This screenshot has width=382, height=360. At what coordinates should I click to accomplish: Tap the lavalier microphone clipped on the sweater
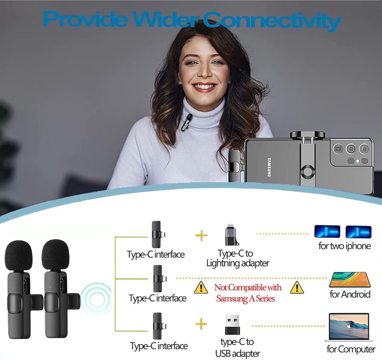click(x=189, y=121)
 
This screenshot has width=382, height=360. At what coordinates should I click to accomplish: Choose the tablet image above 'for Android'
click(x=350, y=280)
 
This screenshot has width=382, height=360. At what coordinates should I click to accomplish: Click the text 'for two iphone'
click(x=345, y=246)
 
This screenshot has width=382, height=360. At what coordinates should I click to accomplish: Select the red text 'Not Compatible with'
click(x=248, y=287)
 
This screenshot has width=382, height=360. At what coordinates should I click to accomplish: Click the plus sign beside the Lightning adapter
click(x=201, y=235)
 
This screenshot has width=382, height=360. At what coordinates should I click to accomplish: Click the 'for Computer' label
click(x=351, y=349)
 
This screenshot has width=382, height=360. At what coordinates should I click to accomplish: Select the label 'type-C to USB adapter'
click(x=237, y=347)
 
